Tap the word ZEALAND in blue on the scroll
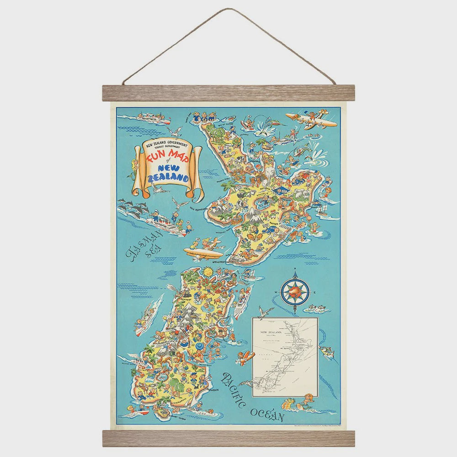point(172,177)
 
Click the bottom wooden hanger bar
point(228,437)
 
